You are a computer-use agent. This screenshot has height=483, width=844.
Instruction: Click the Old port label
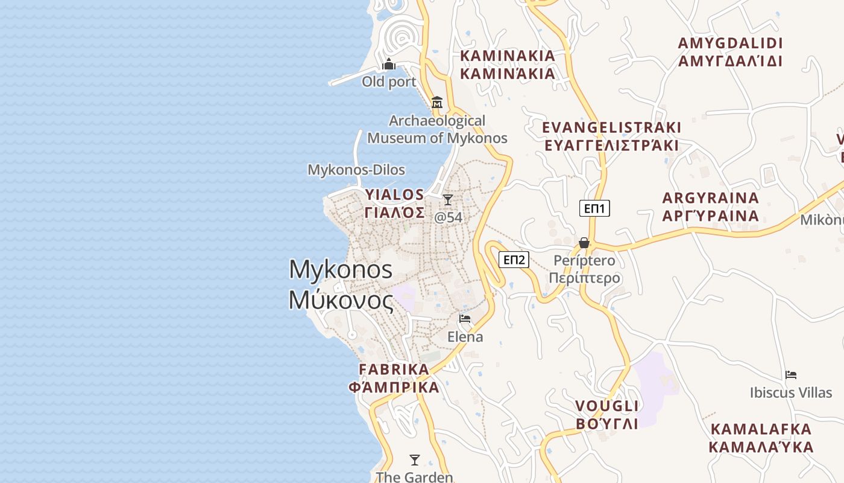[389, 82]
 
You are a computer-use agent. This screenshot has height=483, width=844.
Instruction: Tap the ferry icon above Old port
[389, 64]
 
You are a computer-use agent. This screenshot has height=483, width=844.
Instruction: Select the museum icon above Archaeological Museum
[437, 102]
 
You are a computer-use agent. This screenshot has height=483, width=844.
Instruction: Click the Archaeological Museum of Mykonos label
[437, 129]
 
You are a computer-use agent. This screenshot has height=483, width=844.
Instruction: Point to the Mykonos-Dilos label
[356, 170]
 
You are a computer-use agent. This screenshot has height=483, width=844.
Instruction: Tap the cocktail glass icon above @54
[448, 200]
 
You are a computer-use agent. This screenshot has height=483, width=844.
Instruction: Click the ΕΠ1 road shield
[594, 209]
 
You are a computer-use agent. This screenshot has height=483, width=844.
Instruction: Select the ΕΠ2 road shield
[514, 260]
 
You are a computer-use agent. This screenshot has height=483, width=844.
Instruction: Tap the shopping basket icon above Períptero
[584, 243]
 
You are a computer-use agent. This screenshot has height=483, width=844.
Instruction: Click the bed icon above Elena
[465, 318]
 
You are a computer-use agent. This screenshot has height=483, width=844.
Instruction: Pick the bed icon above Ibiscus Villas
[791, 375]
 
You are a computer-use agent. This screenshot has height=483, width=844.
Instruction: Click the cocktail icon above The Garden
[414, 460]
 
